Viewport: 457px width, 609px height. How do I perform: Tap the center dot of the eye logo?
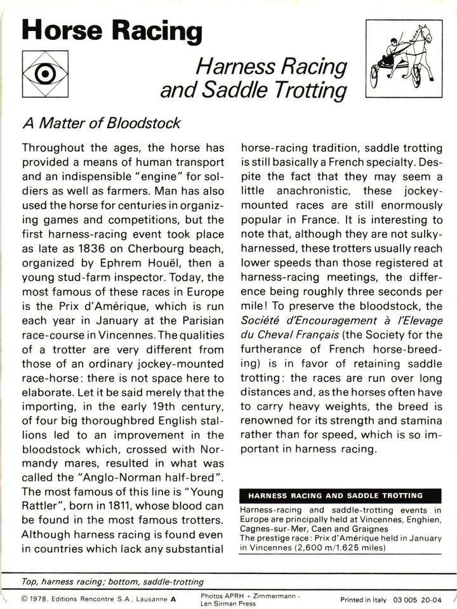click(x=45, y=74)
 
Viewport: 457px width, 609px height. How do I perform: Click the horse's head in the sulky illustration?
click(x=423, y=33)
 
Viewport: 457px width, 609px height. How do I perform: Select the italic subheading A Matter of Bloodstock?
click(x=101, y=124)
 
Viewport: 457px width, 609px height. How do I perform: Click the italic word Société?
click(x=264, y=320)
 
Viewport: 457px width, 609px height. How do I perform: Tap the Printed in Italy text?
click(x=363, y=599)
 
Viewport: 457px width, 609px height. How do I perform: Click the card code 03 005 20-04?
click(x=417, y=599)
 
